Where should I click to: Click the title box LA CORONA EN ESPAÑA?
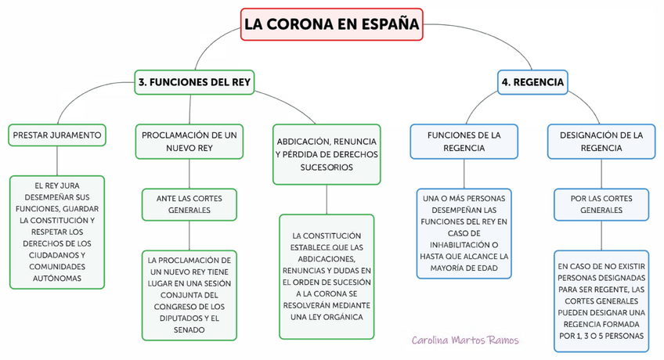pos(331,23)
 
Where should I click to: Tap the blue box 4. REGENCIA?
pos(532,81)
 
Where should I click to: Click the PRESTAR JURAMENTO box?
pos(57,135)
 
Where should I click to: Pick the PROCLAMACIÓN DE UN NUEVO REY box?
pos(189,142)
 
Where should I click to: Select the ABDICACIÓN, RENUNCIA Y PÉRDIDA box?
pos(327,153)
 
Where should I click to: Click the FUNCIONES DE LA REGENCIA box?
pos(464,141)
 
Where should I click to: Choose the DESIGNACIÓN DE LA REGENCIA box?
pos(601,141)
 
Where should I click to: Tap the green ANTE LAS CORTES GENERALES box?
pos(189,204)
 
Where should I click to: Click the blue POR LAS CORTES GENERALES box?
pos(601,204)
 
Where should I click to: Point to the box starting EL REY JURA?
pos(57,232)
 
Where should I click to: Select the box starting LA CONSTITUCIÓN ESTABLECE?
pos(327,275)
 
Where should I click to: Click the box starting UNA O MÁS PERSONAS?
pos(464,232)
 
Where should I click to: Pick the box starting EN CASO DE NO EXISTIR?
pos(601,301)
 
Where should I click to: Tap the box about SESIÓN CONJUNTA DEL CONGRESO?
pos(189,294)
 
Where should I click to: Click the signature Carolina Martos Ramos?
pos(465,340)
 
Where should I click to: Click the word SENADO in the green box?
pos(189,330)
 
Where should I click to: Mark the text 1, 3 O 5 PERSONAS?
pos(601,336)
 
